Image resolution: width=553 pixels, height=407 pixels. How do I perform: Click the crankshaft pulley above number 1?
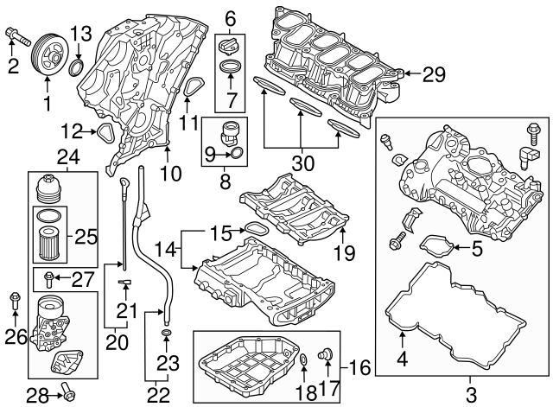coord(46,61)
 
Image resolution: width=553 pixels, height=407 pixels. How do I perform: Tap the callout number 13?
coord(79,35)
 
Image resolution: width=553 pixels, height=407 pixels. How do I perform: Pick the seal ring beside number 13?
coord(77,66)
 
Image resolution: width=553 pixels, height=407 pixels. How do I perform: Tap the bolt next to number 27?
coord(51,277)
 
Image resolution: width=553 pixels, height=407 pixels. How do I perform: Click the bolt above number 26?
coord(14,301)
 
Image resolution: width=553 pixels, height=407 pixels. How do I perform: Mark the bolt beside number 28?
coord(66,395)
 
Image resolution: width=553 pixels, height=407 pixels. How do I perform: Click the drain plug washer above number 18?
coord(304,359)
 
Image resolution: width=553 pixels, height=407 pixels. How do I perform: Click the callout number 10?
coord(171,173)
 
